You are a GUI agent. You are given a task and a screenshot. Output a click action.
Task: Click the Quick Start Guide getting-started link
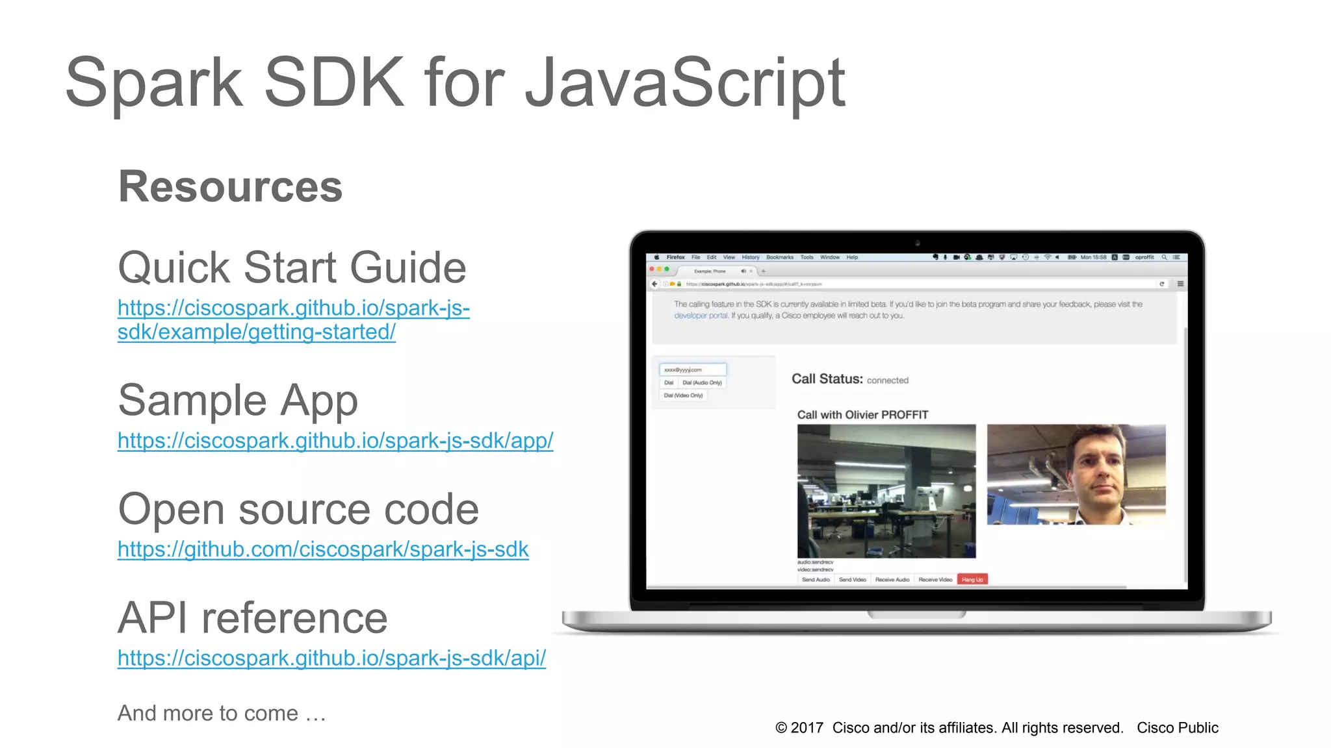click(x=293, y=319)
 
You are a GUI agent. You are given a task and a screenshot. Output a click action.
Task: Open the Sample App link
click(x=335, y=440)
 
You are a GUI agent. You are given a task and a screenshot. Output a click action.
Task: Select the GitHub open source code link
click(x=323, y=549)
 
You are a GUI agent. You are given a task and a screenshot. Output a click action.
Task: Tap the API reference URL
click(x=331, y=658)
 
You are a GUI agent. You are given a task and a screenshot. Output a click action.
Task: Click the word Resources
click(x=230, y=186)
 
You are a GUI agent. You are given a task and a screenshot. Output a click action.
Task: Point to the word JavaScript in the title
click(x=685, y=82)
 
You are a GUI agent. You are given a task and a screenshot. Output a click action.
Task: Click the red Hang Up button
click(x=972, y=579)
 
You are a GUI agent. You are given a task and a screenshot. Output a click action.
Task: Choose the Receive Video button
click(x=935, y=579)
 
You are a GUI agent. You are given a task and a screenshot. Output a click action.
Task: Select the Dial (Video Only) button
click(x=683, y=395)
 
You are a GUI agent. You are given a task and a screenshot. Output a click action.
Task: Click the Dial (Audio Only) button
click(x=702, y=382)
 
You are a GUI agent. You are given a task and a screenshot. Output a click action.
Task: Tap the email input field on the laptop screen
click(x=693, y=369)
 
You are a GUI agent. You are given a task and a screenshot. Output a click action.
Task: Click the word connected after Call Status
click(x=887, y=380)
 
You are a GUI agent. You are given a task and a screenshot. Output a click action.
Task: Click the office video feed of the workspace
click(x=886, y=491)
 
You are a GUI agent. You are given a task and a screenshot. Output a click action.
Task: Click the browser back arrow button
click(x=655, y=284)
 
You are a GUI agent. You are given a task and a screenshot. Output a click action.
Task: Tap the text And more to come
click(x=221, y=713)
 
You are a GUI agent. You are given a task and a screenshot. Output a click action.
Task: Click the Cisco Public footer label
click(x=1177, y=728)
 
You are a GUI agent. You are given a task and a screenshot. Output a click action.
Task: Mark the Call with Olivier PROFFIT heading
click(x=862, y=415)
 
